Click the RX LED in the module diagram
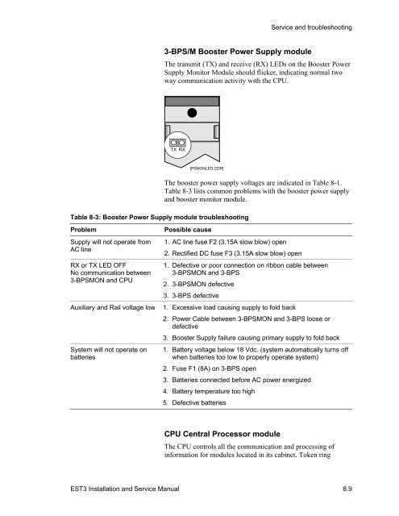click(182, 143)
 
